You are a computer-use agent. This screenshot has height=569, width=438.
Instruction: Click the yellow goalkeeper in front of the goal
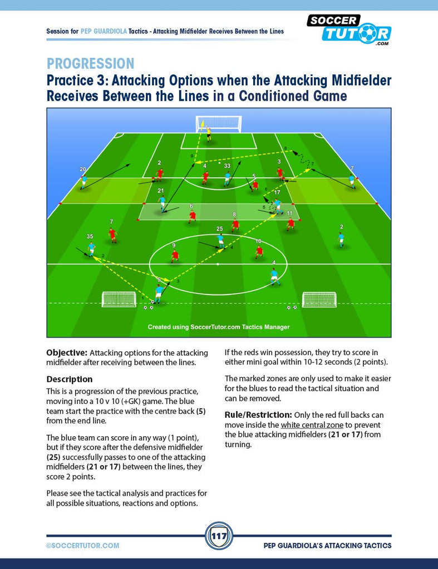(208, 133)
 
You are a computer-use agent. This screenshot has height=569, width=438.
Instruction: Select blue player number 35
(92, 249)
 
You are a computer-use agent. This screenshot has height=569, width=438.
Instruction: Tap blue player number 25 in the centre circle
(220, 241)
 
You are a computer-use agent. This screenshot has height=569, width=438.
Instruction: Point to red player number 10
(259, 251)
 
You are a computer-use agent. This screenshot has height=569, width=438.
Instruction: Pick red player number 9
(175, 256)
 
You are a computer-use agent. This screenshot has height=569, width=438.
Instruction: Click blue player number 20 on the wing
(84, 182)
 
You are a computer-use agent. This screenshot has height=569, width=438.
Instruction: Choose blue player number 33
(227, 178)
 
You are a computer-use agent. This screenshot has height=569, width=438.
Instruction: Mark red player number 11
(290, 224)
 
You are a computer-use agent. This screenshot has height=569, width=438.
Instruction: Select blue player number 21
(162, 203)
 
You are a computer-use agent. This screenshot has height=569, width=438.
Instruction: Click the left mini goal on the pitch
(119, 299)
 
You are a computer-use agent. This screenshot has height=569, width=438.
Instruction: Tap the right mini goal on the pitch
(319, 300)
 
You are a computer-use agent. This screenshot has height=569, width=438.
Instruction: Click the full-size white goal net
(219, 125)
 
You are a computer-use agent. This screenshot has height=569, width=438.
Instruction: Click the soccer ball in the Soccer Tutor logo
(368, 33)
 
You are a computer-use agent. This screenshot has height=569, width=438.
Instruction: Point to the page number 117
(219, 536)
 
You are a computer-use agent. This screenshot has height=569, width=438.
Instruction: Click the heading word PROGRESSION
(91, 63)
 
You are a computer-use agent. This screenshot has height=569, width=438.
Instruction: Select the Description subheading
(70, 379)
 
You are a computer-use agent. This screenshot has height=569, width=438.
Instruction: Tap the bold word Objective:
(67, 353)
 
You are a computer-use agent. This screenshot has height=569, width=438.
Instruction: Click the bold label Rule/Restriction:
(258, 415)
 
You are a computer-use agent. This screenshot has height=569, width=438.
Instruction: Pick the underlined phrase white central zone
(312, 425)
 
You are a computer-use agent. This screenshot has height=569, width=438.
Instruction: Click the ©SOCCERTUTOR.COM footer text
(82, 546)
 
